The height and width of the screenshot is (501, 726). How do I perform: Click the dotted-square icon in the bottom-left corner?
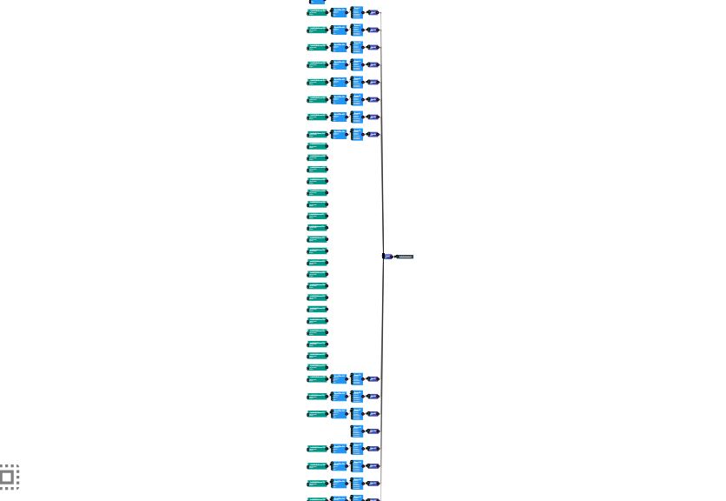[x=8, y=476]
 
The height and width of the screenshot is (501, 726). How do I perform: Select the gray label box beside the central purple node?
[x=405, y=257]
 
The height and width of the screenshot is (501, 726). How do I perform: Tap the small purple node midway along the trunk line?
[x=387, y=257]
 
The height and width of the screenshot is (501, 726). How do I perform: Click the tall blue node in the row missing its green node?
[x=357, y=431]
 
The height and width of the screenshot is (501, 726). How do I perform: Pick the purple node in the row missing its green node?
[x=373, y=431]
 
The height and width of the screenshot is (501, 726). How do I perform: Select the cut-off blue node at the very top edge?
[x=317, y=2]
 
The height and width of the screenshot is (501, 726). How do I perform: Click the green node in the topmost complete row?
[x=318, y=13]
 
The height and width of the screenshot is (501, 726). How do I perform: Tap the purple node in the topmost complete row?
[x=373, y=13]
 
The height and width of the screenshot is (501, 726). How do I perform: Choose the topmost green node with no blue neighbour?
[x=318, y=146]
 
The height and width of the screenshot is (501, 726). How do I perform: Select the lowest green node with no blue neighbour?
[x=318, y=367]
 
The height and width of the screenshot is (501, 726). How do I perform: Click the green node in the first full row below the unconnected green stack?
[x=318, y=379]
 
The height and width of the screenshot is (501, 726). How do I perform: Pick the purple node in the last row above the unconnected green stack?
[x=373, y=135]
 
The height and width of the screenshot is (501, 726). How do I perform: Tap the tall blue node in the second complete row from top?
[x=357, y=30]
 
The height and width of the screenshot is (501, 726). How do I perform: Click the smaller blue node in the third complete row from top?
[x=339, y=48]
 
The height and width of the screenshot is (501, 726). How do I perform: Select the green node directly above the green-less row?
[x=318, y=414]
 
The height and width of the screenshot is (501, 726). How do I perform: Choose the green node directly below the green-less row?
[x=318, y=449]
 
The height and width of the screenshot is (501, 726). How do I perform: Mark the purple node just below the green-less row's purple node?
[x=373, y=449]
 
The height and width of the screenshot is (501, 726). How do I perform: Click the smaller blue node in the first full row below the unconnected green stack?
[x=339, y=379]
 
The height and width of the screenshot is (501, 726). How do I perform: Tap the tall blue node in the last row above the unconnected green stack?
[x=357, y=134]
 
